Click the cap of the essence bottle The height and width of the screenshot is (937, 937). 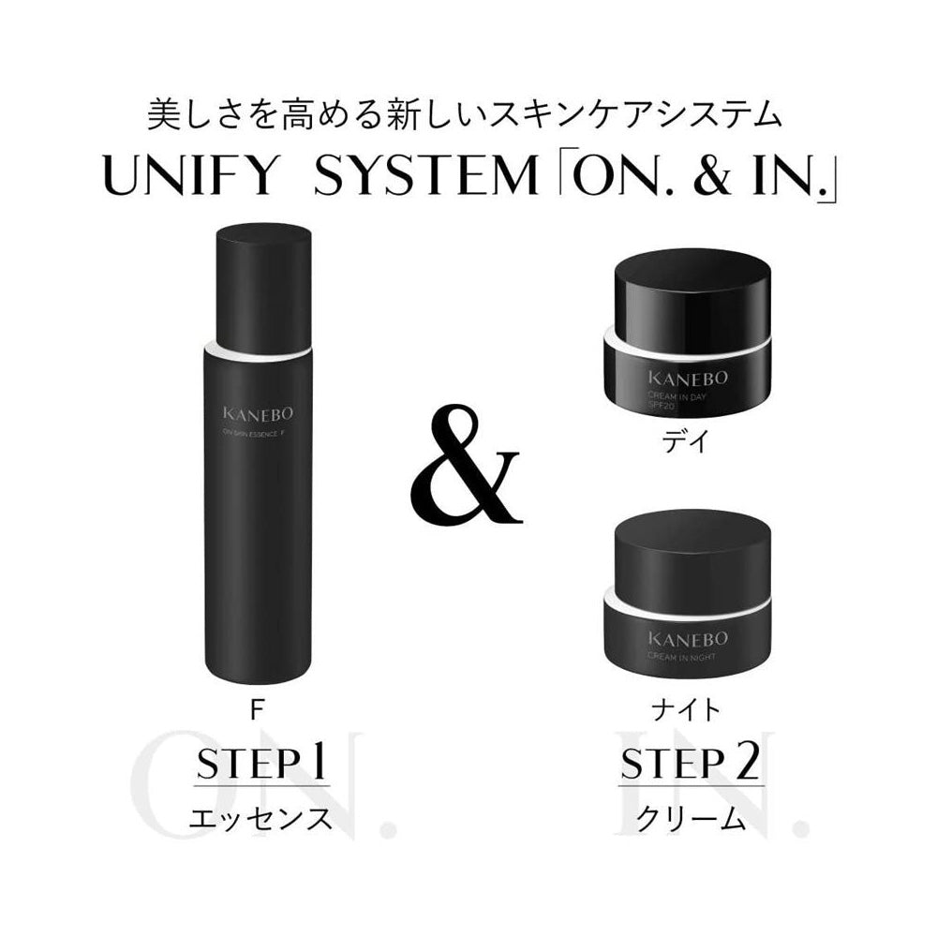tap(263, 281)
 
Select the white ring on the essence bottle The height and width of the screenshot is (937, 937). tap(257, 350)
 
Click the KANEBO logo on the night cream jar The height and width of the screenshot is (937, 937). tap(692, 639)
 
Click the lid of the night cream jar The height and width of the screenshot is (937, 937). tap(692, 553)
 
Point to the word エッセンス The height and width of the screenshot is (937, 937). tap(260, 817)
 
